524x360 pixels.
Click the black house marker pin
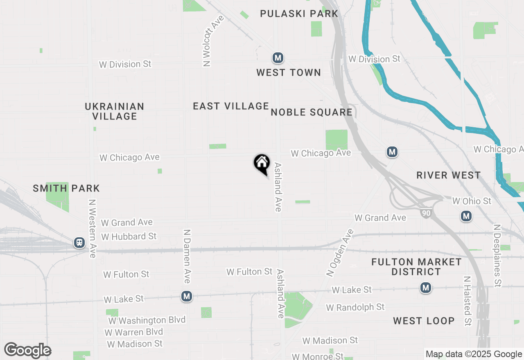coord(262,164)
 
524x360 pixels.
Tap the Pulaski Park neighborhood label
coord(299,13)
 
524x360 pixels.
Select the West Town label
coord(289,73)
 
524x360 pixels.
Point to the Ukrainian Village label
coord(115,111)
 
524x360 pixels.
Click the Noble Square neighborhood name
coord(312,112)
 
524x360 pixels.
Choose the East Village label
coord(231,106)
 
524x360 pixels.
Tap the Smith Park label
coord(66,188)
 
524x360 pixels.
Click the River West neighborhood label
coord(449,175)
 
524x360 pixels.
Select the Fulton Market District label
coord(416,267)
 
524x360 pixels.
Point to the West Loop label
coord(424,321)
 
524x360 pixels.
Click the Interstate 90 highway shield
coord(426,213)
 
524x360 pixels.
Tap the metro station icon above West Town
coord(278,58)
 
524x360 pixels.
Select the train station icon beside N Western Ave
coord(79,243)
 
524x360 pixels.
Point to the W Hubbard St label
coord(129,236)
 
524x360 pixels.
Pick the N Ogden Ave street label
coord(339,253)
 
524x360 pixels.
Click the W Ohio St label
coord(472,201)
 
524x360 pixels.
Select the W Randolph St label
coord(355,307)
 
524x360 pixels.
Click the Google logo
coord(28,351)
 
